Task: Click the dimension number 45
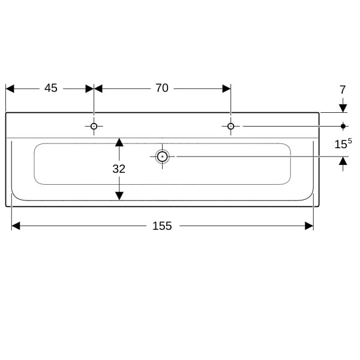[x=51, y=88]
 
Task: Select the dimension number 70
[x=162, y=88]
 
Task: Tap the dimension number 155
[x=162, y=226]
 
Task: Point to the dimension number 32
[x=119, y=169]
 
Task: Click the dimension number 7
[x=343, y=90]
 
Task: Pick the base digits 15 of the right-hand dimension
[x=341, y=145]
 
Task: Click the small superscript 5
[x=350, y=141]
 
